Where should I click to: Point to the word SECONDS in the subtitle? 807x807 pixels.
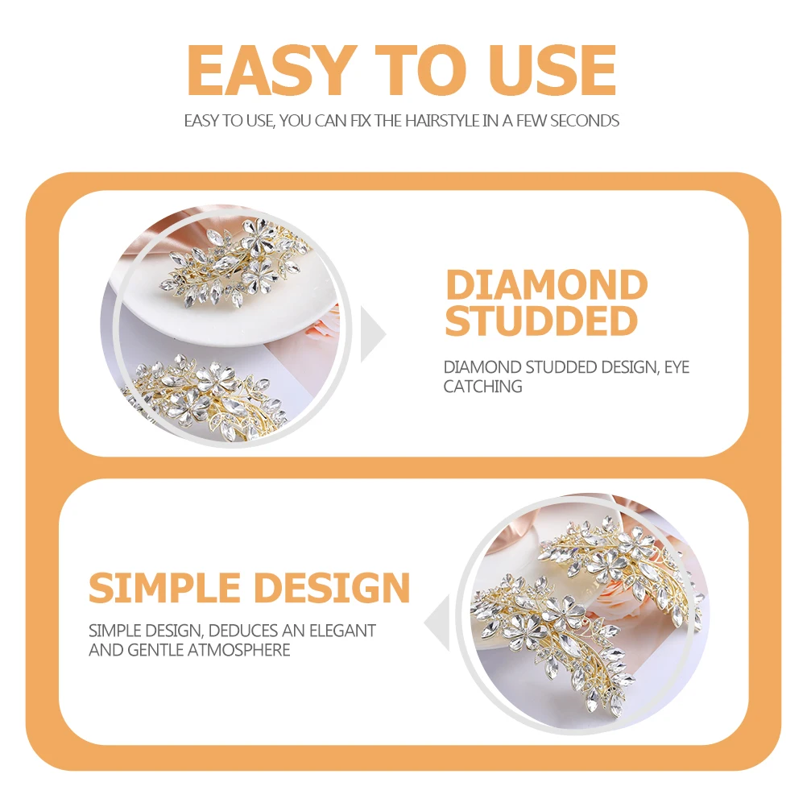tap(584, 121)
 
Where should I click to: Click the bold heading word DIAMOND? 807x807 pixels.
tap(547, 284)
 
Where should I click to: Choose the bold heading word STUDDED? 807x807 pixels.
tap(541, 321)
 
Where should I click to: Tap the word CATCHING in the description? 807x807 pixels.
tap(482, 386)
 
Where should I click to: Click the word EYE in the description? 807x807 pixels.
tap(677, 367)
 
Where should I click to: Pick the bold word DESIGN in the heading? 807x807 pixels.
tap(332, 587)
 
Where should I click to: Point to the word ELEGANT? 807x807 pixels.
tap(343, 631)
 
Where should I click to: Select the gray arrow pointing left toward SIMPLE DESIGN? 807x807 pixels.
tap(437, 623)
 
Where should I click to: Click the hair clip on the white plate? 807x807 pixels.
tap(235, 263)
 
